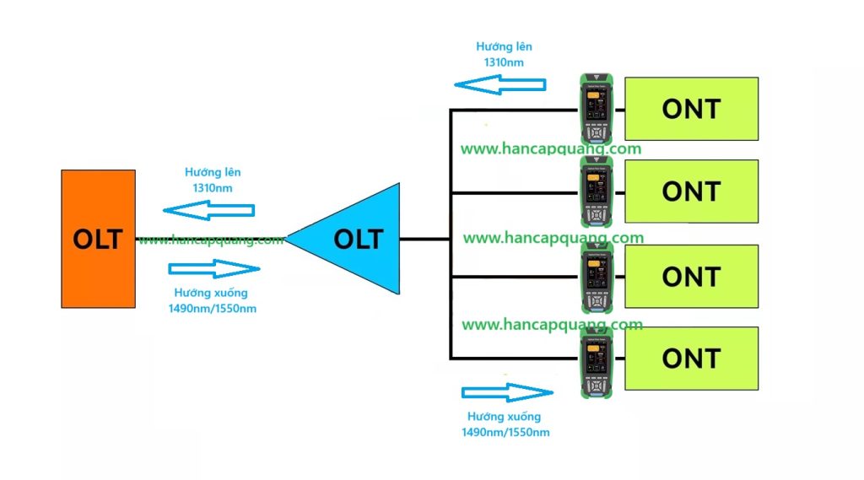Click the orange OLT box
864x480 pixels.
tap(98, 239)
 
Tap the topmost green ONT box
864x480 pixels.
tap(691, 108)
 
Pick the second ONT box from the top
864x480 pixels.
tap(691, 191)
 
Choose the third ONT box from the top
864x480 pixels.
tap(691, 276)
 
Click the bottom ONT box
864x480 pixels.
tap(691, 358)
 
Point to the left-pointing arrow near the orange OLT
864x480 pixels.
tap(208, 209)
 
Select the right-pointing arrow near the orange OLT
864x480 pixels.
tap(214, 269)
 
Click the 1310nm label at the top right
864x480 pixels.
tap(504, 62)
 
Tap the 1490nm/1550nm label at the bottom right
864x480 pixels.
tap(505, 432)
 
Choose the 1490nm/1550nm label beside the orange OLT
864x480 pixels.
tap(213, 308)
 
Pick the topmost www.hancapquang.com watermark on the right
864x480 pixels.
tap(551, 149)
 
